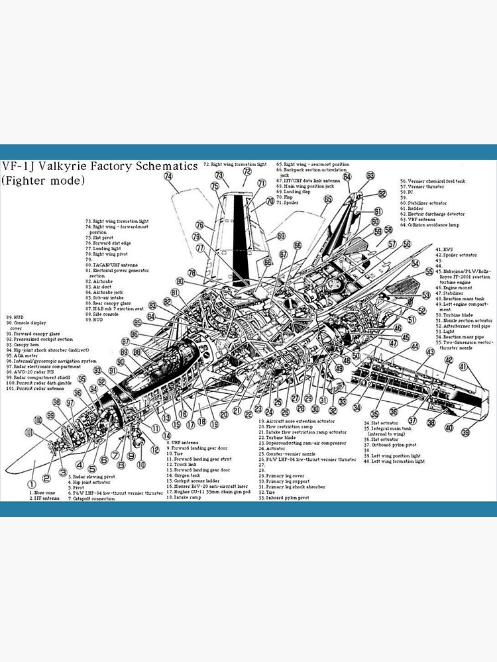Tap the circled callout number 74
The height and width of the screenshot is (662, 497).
click(168, 177)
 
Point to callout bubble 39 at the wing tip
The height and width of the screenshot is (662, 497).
click(466, 433)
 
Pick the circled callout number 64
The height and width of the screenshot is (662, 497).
click(347, 177)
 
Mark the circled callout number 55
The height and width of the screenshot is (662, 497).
click(429, 271)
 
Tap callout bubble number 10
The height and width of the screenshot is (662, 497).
click(141, 465)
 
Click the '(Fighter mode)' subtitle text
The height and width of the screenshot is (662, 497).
click(43, 180)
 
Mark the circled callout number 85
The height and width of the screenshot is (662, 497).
click(138, 322)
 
